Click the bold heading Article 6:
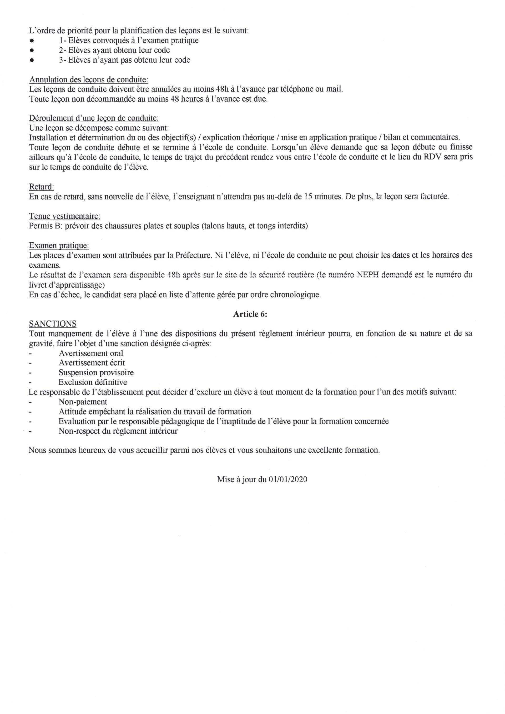(x=250, y=314)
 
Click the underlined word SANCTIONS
(x=53, y=324)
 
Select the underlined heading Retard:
(x=41, y=187)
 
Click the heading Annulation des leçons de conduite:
(x=89, y=80)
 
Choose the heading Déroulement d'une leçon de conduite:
(x=94, y=118)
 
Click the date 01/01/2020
(x=288, y=480)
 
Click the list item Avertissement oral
(x=91, y=353)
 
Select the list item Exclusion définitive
(x=93, y=382)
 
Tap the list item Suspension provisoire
(x=96, y=372)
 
